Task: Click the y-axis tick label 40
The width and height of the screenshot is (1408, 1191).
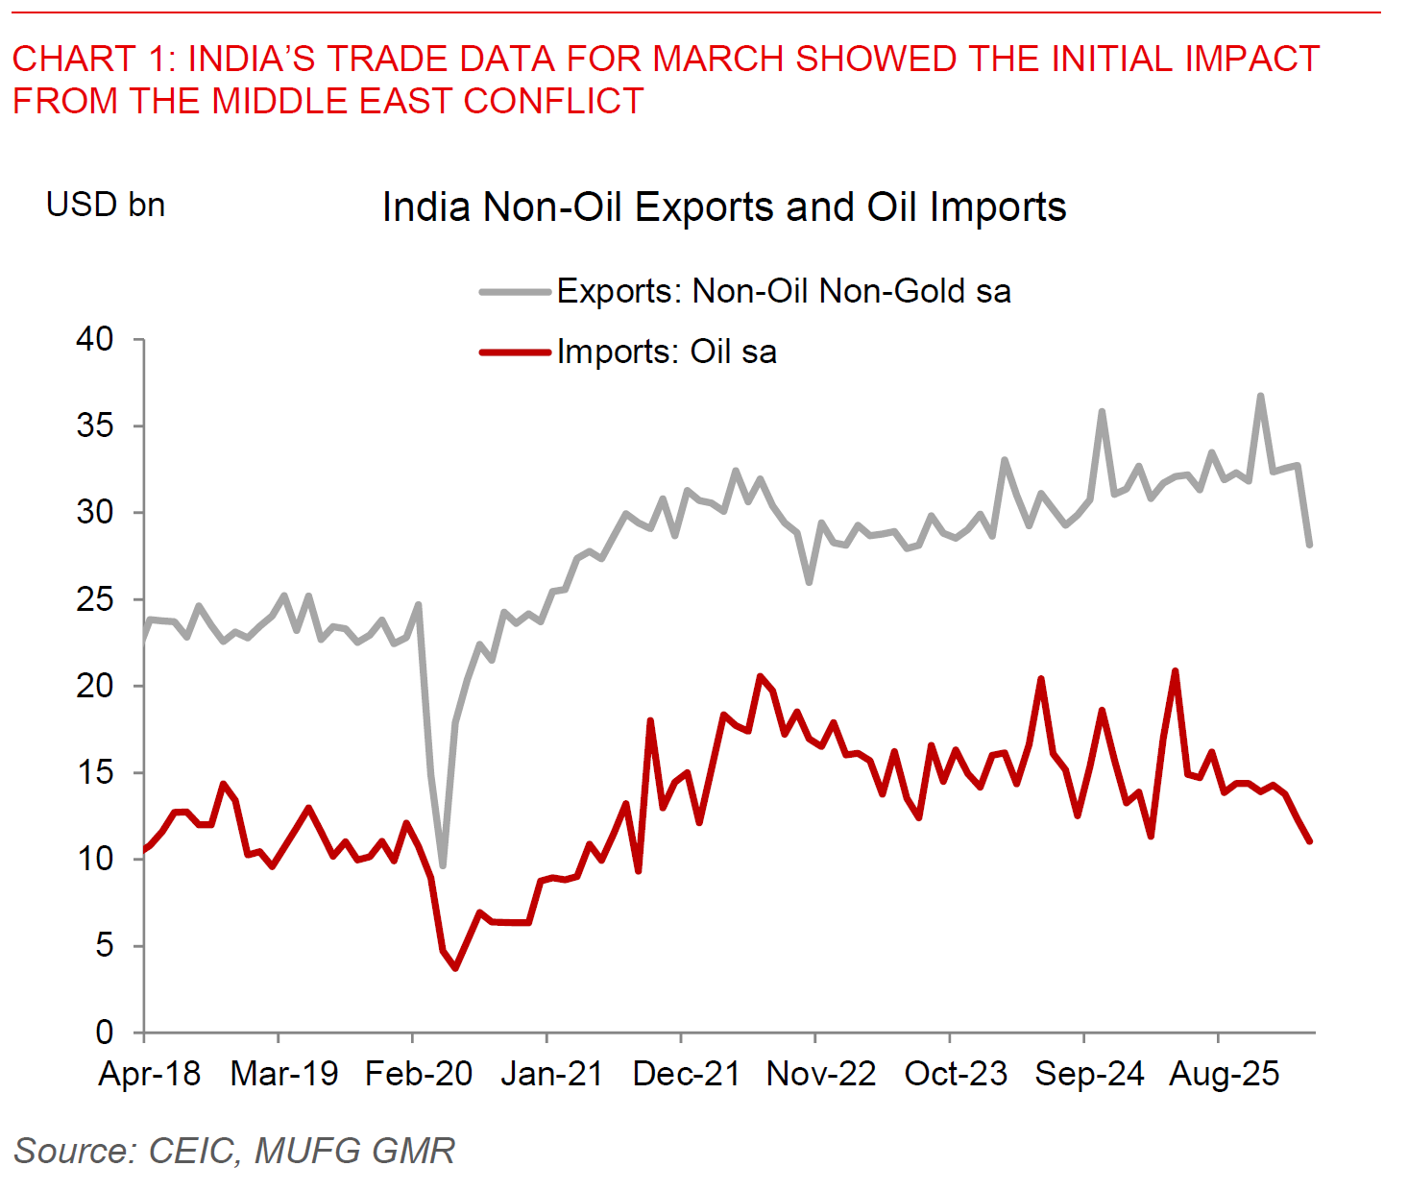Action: click(x=95, y=339)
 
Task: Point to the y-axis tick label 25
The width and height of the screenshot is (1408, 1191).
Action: click(x=95, y=599)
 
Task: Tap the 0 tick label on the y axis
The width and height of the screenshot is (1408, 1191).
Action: click(x=105, y=1033)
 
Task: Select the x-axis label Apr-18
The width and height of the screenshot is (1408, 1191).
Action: click(x=149, y=1074)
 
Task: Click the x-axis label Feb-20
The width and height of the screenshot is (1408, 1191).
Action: click(x=419, y=1074)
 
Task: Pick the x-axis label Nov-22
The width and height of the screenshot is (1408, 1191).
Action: click(x=821, y=1074)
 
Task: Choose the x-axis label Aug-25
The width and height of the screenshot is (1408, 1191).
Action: click(x=1224, y=1074)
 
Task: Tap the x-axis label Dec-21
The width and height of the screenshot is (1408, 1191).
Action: click(x=687, y=1074)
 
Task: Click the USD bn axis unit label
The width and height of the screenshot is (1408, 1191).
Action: click(x=106, y=205)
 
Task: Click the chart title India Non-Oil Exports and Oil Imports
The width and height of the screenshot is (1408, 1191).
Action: click(x=724, y=207)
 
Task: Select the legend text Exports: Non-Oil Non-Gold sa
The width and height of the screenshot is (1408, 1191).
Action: click(x=784, y=291)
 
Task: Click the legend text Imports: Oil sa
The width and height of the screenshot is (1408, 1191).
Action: click(x=667, y=352)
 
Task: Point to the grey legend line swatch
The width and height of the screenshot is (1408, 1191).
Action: click(x=516, y=291)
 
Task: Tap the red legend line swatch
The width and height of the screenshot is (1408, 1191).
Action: click(x=516, y=352)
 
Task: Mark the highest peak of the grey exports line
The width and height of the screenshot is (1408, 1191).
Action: click(x=1260, y=396)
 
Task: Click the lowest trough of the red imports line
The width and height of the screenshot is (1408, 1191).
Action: click(x=455, y=967)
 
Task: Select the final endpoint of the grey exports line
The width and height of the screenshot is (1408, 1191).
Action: click(x=1309, y=545)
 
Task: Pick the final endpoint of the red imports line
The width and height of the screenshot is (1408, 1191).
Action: click(x=1309, y=841)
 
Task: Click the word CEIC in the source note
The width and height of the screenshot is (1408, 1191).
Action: click(x=192, y=1151)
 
